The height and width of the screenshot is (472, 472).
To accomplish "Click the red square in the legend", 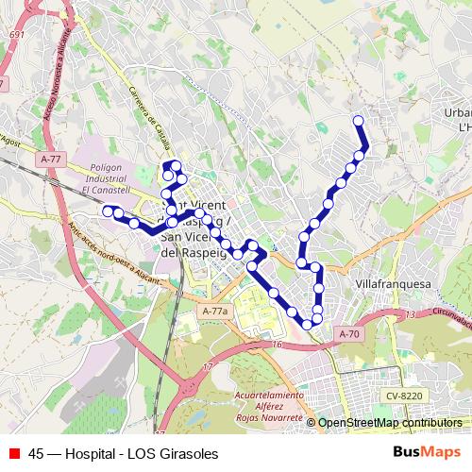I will click(x=14, y=453).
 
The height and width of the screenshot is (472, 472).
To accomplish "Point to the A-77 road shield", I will click(x=51, y=160).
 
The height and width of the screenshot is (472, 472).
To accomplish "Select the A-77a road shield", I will click(x=215, y=311).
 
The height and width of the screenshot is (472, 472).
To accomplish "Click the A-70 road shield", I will click(x=348, y=333).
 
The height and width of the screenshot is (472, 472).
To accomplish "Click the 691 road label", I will click(x=15, y=34).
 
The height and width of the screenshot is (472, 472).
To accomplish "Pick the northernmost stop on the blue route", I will click(x=358, y=120).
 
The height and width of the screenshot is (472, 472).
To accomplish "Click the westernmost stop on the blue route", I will click(x=108, y=210).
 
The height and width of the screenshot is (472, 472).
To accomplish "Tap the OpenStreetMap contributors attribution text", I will click(x=389, y=423).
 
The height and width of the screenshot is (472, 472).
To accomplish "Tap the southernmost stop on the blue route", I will click(x=307, y=325).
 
